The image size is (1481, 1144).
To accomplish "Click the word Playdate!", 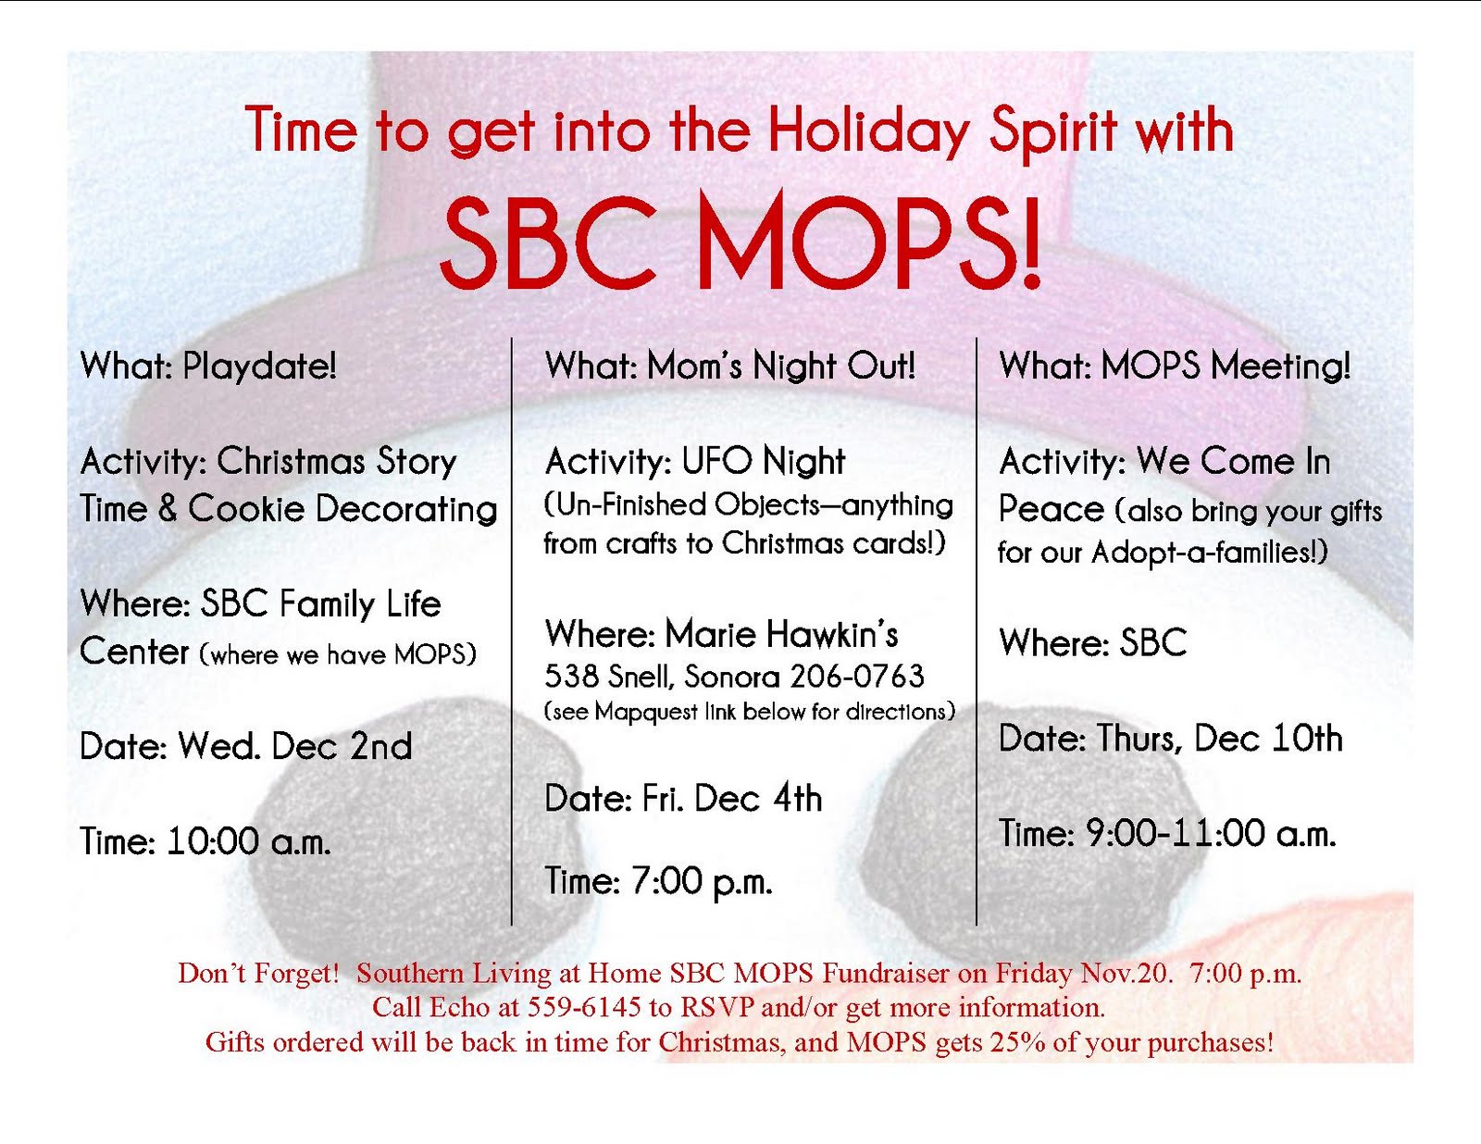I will (x=259, y=366).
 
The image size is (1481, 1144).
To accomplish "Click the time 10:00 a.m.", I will (x=248, y=841).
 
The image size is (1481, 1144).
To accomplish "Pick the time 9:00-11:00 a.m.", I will (x=1211, y=834).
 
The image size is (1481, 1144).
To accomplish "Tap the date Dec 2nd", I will (x=342, y=746).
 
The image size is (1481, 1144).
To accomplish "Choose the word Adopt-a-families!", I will (x=1210, y=553).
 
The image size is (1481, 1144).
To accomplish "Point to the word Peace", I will (x=1051, y=509).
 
